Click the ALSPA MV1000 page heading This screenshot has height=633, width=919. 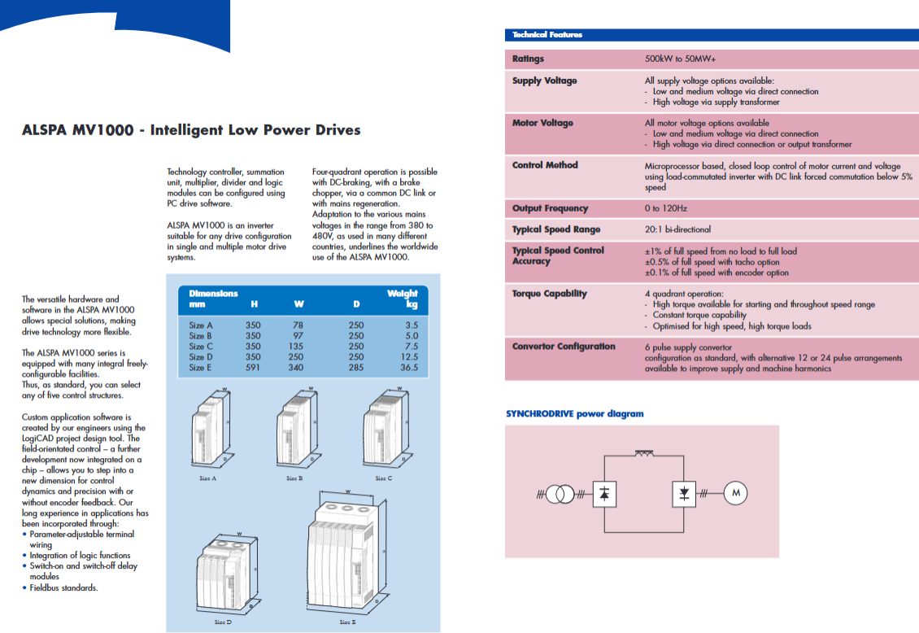click(x=191, y=130)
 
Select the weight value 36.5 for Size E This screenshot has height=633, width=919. click(x=408, y=367)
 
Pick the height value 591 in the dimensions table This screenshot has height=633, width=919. click(x=253, y=367)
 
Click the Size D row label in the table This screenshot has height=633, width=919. click(x=201, y=356)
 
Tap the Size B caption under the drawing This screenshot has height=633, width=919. click(x=294, y=478)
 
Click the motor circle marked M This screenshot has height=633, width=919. click(x=734, y=493)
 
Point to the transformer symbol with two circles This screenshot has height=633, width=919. click(x=559, y=493)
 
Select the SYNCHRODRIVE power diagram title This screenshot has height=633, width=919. click(x=574, y=414)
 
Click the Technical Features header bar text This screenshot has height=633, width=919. click(x=547, y=35)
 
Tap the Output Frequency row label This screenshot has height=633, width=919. click(x=550, y=208)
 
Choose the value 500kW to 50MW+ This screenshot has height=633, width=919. click(x=680, y=59)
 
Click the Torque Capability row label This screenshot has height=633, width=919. click(x=549, y=294)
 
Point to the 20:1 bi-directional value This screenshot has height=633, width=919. click(x=677, y=229)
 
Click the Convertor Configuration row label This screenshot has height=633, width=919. click(x=564, y=347)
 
